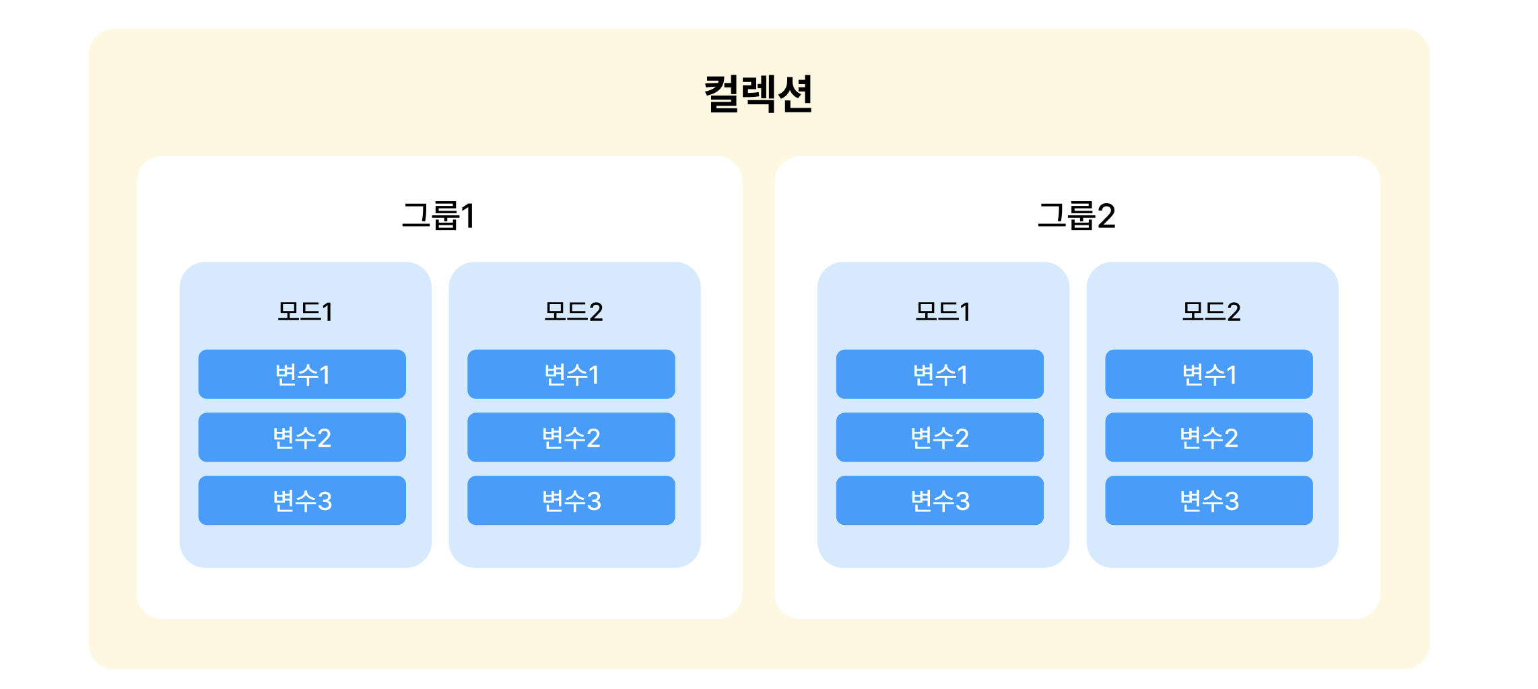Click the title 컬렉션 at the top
(758, 94)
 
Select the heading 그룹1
(438, 216)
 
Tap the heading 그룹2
(1076, 216)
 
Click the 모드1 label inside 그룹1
(305, 312)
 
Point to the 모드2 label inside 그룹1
(574, 312)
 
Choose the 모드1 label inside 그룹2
(943, 312)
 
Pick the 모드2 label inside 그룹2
(1211, 312)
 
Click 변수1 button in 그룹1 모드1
(302, 374)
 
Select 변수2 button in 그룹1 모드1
(302, 437)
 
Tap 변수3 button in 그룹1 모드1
(302, 501)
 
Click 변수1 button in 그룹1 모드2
(571, 374)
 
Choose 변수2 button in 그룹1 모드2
(571, 437)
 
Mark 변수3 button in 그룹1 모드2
(571, 501)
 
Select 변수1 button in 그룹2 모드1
(940, 374)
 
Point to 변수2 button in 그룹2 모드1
(940, 437)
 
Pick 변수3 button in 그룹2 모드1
(940, 501)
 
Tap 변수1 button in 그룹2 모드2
(1209, 374)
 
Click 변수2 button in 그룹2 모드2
(1209, 437)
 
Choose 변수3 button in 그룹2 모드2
(1209, 501)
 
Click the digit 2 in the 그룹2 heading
(1106, 216)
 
